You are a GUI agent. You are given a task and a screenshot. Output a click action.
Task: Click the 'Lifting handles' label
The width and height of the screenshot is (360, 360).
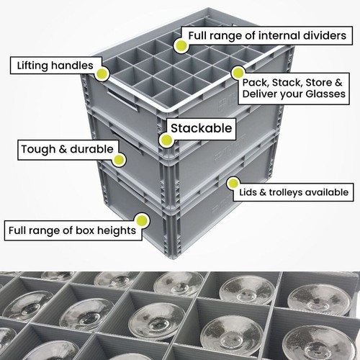[55, 66]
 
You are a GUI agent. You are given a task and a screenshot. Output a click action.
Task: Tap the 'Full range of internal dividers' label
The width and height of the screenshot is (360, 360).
[267, 35]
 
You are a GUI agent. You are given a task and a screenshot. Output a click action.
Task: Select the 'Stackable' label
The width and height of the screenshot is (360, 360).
[202, 128]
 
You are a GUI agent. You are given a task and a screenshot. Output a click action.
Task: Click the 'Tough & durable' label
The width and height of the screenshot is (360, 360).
[67, 149]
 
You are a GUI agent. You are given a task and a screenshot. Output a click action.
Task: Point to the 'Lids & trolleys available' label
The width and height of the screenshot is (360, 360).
[294, 192]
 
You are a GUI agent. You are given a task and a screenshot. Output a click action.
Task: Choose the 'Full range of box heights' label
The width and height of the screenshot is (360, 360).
[72, 230]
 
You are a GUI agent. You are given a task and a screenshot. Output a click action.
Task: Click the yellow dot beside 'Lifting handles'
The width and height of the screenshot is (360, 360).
[102, 74]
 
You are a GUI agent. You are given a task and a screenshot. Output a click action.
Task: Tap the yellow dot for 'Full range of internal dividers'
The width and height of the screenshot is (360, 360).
[181, 45]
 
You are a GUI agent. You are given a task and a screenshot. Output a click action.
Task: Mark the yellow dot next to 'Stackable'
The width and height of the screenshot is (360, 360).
[166, 140]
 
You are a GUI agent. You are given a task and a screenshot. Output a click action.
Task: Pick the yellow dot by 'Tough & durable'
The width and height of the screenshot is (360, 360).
[119, 160]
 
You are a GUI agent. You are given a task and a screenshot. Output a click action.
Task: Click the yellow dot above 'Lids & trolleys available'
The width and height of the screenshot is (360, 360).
[233, 184]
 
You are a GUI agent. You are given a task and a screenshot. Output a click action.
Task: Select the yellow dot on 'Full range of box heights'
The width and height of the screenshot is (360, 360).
[142, 220]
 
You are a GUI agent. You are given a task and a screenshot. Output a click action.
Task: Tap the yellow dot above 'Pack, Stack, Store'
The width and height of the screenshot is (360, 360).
[238, 73]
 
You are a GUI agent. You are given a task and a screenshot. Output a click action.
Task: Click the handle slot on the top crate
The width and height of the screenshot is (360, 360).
[122, 99]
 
